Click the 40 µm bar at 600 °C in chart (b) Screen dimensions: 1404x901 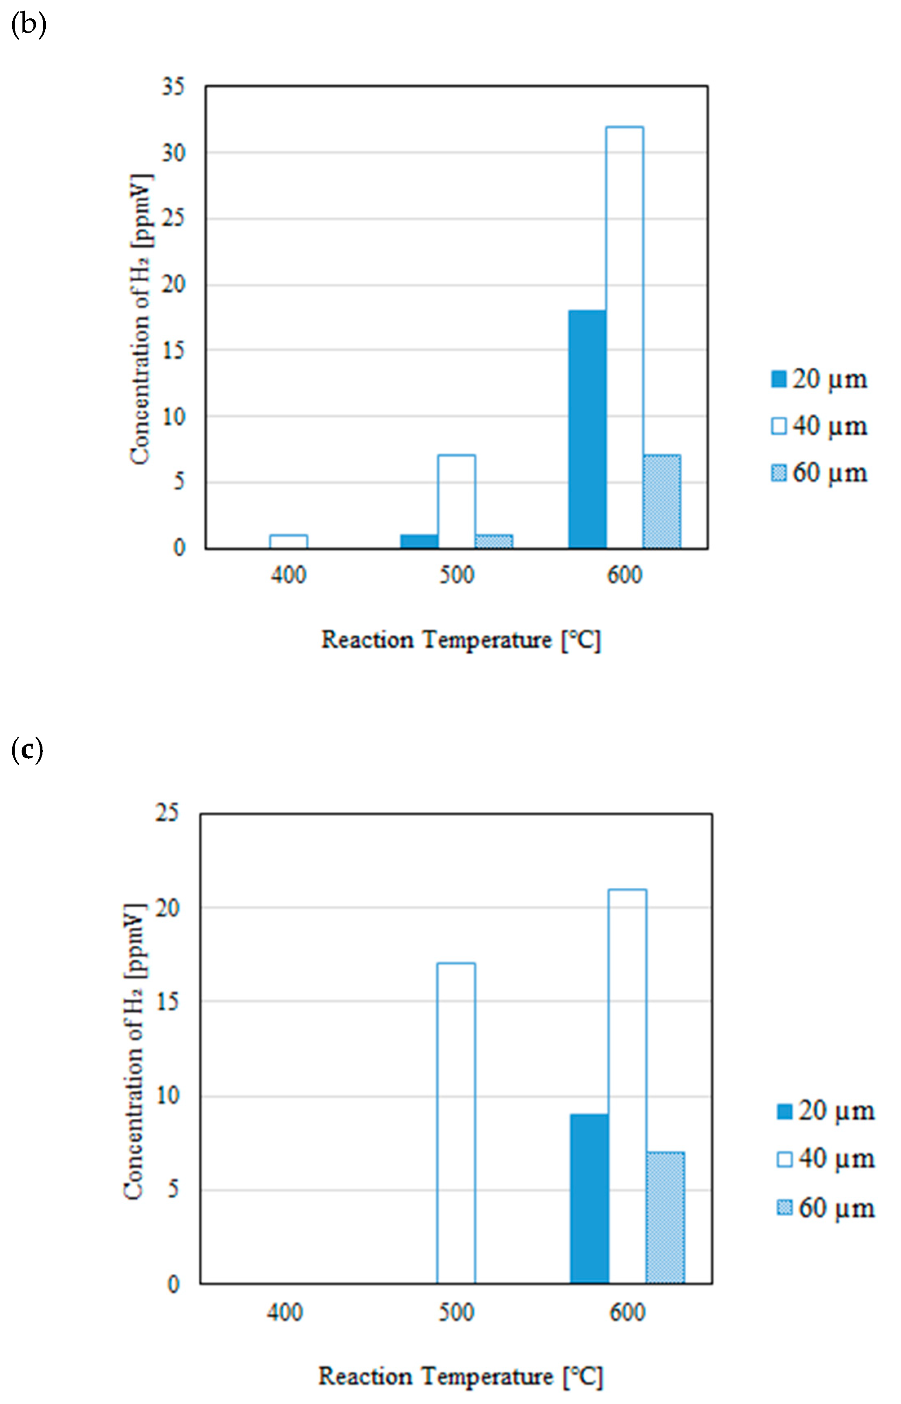click(x=624, y=337)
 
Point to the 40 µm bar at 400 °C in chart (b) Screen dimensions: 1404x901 click(x=288, y=541)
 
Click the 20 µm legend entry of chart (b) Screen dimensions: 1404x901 click(x=819, y=380)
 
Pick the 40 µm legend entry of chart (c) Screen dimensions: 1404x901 click(x=826, y=1158)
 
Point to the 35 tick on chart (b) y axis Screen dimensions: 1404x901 click(x=173, y=87)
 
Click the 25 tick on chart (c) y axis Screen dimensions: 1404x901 click(x=167, y=813)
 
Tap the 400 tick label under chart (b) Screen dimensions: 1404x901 click(x=288, y=575)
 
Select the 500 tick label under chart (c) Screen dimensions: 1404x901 click(x=456, y=1313)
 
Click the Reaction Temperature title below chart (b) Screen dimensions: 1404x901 click(x=461, y=640)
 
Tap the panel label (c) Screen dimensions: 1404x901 click(x=27, y=751)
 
